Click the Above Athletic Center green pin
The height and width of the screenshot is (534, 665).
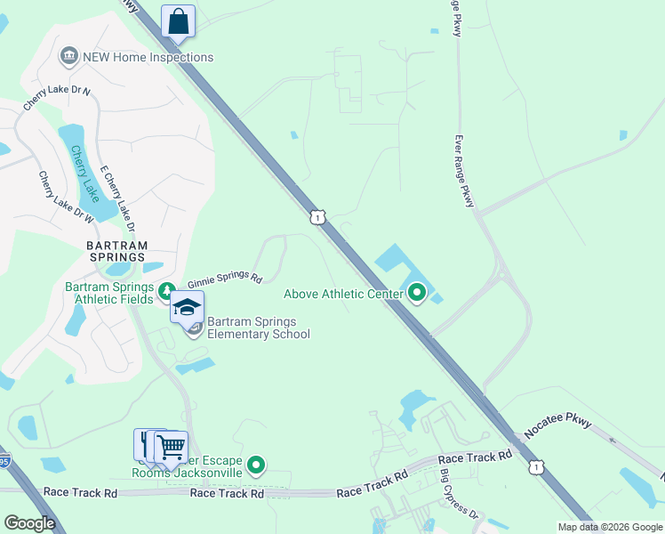coord(417,293)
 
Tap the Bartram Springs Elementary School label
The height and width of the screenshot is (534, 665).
coord(259,328)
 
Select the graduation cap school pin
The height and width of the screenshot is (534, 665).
coord(188,308)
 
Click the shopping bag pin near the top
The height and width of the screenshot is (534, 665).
coord(178,21)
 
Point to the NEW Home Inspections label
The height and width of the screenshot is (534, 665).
coord(148,57)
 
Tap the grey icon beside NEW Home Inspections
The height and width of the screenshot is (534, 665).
coord(68,57)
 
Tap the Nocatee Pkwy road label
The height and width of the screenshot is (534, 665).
coord(557,428)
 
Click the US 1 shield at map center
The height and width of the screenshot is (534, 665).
coord(316,216)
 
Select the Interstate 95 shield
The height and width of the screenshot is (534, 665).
coord(4,461)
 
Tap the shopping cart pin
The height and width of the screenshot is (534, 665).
coord(172,447)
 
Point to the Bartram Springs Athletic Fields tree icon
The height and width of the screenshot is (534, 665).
coord(165,291)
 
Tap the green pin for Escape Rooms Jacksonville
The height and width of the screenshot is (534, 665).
coord(256,464)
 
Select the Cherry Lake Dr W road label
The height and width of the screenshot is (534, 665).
coord(67,196)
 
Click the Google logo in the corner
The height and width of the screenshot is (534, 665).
coord(29,523)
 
